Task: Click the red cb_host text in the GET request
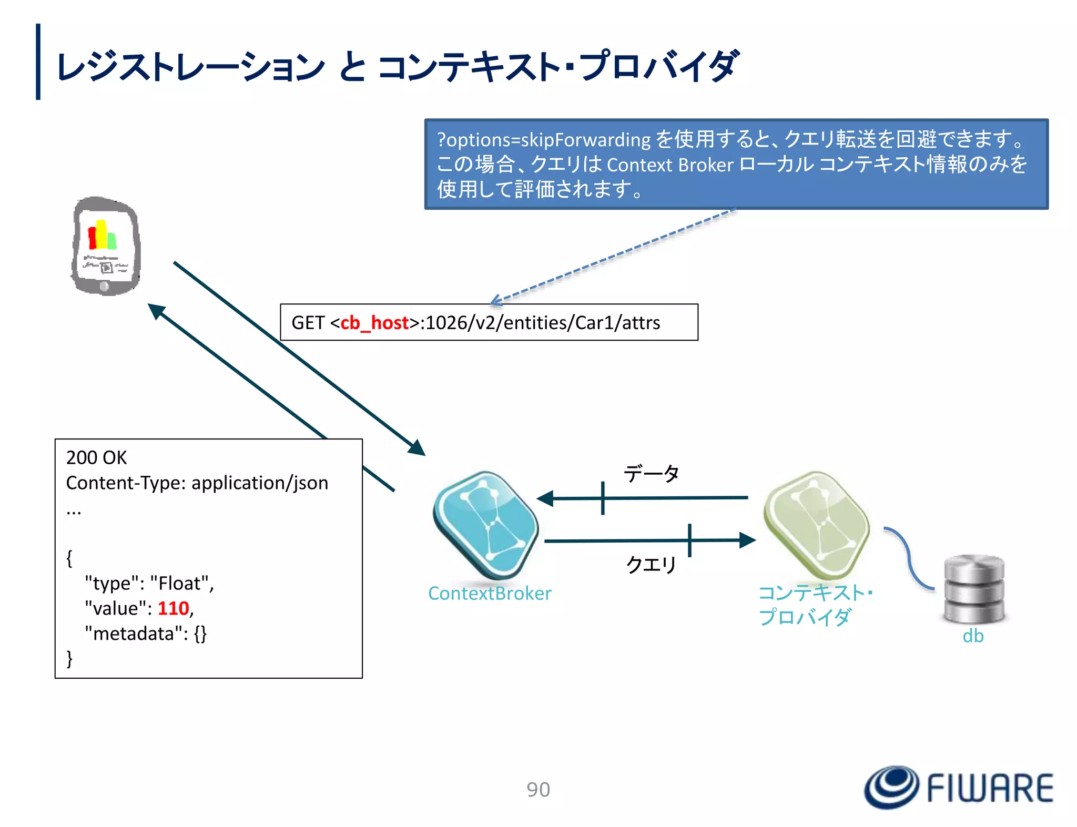coord(374,322)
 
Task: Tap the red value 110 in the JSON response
coord(173,608)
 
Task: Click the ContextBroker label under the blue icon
coord(489,593)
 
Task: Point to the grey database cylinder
coord(974,589)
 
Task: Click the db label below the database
coord(973,636)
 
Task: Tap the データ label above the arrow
coord(651,474)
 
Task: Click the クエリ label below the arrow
coord(651,565)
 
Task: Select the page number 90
coord(538,789)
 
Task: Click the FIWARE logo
coord(958,787)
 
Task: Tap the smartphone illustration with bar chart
coord(106,246)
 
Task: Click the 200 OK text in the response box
coord(97,457)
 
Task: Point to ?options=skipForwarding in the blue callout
coord(544,140)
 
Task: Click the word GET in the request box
coord(308,322)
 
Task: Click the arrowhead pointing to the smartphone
coord(156,311)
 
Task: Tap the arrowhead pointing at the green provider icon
coord(747,540)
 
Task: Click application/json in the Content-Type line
coord(260,483)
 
